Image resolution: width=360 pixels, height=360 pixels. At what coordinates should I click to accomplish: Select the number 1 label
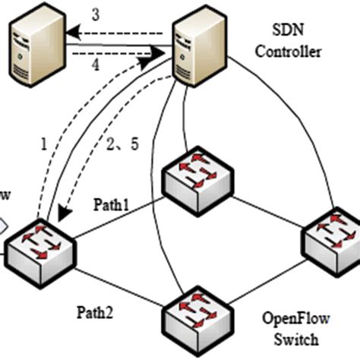click(43, 143)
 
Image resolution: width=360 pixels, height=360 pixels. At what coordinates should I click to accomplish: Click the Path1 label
click(112, 204)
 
